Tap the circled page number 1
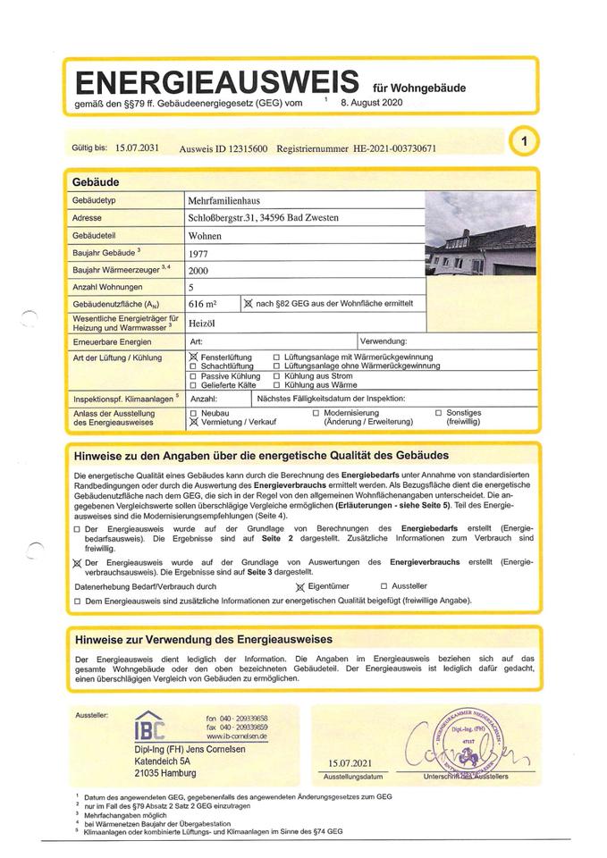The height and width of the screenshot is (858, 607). [524, 139]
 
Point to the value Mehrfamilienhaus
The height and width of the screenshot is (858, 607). [223, 202]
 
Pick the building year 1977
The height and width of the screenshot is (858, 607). [198, 254]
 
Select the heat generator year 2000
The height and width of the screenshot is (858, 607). [198, 271]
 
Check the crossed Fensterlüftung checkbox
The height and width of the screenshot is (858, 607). [194, 357]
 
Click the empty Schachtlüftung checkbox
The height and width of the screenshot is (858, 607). [194, 366]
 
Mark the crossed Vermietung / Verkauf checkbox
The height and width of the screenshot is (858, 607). [194, 421]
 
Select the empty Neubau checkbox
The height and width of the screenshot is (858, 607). [194, 412]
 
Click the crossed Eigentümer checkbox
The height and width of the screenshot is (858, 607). [300, 586]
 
